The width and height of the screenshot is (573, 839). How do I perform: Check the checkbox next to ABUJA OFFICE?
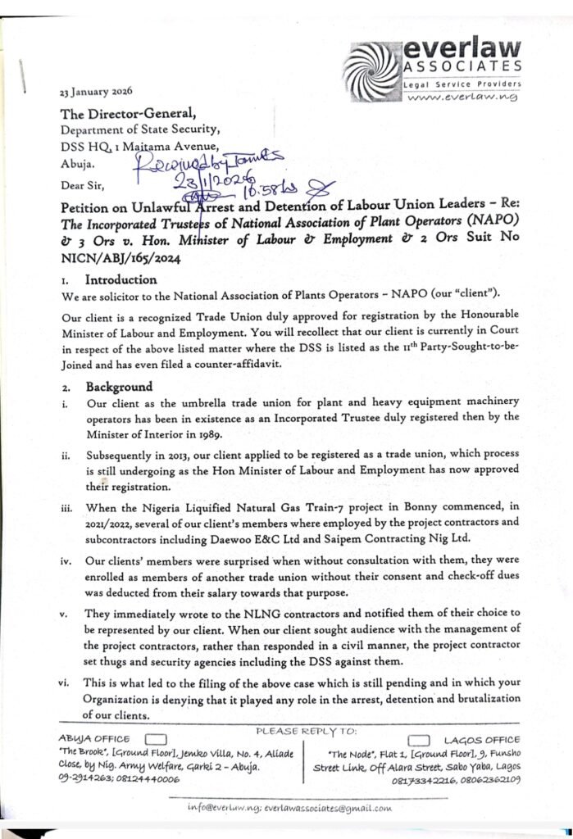coord(155,738)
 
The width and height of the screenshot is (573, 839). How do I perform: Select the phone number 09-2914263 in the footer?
coord(83,779)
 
